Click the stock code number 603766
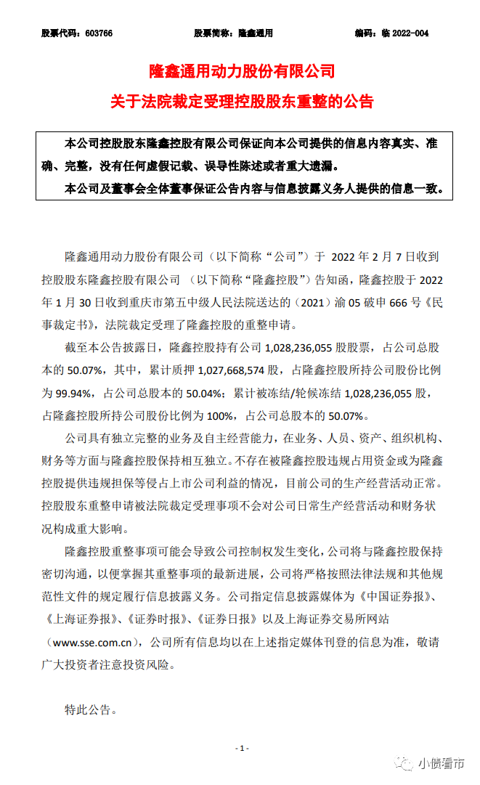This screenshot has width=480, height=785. pyautogui.click(x=98, y=33)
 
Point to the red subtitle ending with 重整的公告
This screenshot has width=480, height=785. pyautogui.click(x=241, y=101)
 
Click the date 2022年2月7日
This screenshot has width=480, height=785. pyautogui.click(x=370, y=256)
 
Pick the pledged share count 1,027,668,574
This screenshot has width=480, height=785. pyautogui.click(x=227, y=370)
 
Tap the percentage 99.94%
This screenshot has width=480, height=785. pyautogui.click(x=75, y=394)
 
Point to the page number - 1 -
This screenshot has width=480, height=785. pyautogui.click(x=241, y=747)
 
